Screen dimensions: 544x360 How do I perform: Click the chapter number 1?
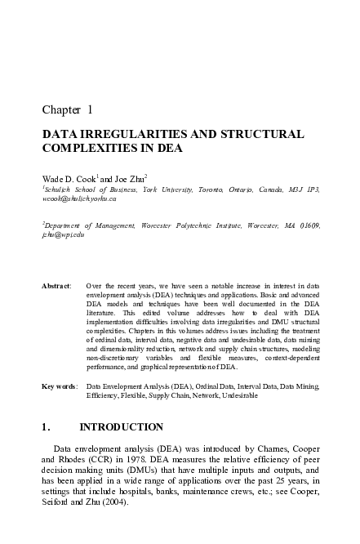(x=89, y=108)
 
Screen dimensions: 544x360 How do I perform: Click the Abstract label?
(x=56, y=286)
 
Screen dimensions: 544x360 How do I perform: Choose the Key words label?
(x=58, y=384)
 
